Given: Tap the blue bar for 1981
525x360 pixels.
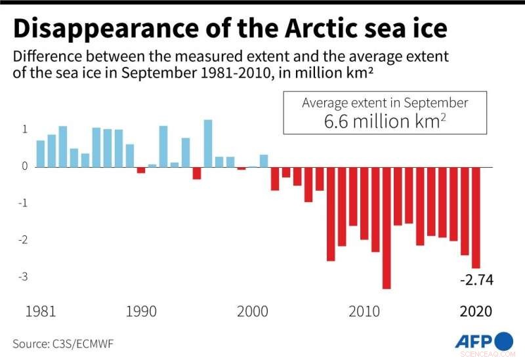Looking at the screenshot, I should [40, 153].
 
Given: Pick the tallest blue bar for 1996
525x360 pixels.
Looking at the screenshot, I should [208, 143].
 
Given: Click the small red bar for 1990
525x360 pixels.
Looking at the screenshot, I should [140, 170].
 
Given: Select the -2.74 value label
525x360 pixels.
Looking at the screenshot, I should [476, 281].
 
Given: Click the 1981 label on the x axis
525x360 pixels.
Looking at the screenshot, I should [41, 311].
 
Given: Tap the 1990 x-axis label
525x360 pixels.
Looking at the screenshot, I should [141, 311].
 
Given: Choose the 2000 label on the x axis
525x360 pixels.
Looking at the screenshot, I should [253, 311].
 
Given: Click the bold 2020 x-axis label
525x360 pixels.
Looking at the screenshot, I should [475, 311].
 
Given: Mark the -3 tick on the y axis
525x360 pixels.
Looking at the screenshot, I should [24, 277].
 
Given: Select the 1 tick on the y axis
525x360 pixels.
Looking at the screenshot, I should [25, 129].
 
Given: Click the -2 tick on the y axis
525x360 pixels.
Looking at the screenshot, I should [24, 240].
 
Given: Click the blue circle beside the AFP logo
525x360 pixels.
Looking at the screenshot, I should [503, 342].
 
